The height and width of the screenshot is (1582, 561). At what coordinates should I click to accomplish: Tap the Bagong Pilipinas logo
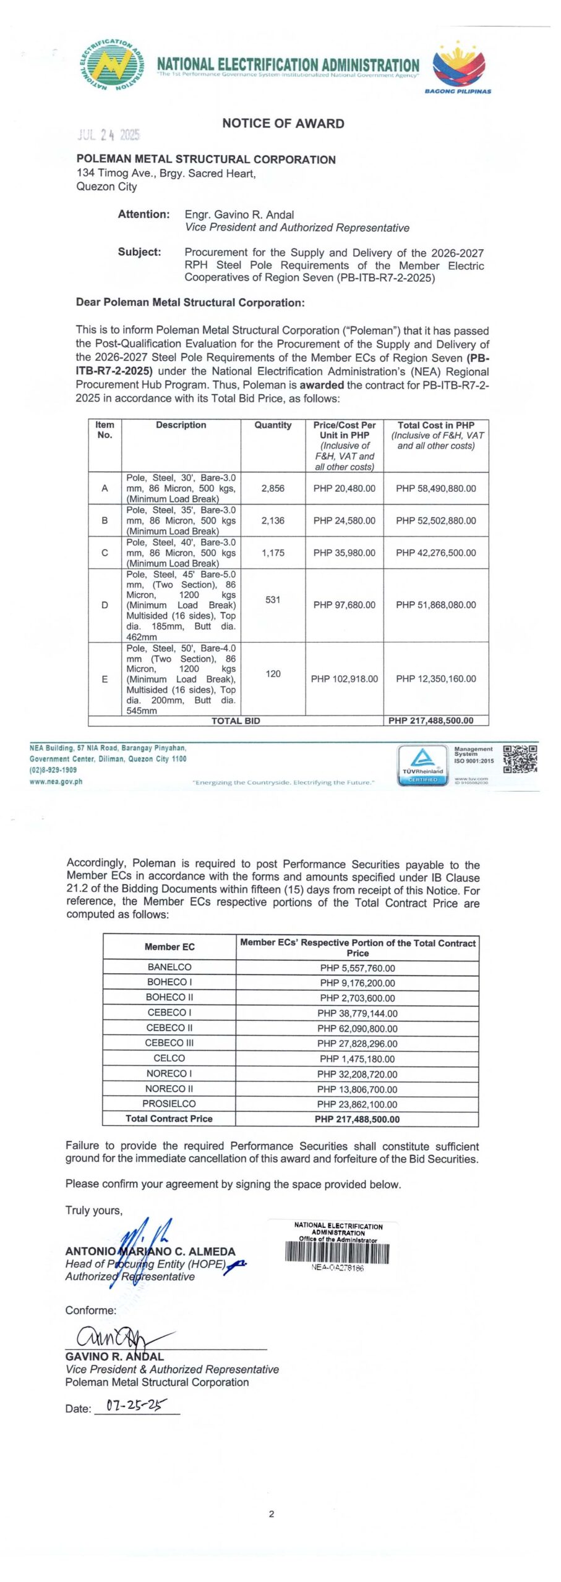pos(458,66)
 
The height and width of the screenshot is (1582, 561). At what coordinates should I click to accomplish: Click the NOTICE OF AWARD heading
pos(283,124)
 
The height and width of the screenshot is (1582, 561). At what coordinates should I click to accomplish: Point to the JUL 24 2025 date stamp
pos(109,135)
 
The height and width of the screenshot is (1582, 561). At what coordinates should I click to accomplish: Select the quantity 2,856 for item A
pos(273,488)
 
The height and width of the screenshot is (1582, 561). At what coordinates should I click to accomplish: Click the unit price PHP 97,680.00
pos(344,605)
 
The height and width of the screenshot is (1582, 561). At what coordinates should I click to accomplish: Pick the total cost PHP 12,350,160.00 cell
pos(435,679)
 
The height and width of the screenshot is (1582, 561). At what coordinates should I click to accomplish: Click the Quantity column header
pos(273,425)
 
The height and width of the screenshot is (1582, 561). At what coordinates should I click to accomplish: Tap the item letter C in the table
pos(105,553)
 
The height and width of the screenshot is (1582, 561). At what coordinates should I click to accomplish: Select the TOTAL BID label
pos(236,721)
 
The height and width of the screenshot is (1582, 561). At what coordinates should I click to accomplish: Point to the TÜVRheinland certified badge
pos(422,764)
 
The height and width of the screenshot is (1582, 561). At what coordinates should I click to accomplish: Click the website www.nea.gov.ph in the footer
pos(56,782)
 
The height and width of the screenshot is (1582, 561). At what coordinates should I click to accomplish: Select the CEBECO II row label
pos(169,1028)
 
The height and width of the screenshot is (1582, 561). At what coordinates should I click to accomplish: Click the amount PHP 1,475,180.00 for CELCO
pos(357,1059)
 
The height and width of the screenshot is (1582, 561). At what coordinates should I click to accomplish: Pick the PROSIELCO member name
pos(169,1104)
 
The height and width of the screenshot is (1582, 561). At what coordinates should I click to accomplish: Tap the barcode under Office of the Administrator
pos(337,1253)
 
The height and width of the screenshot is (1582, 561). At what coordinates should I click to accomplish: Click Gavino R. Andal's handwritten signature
pos(114,1338)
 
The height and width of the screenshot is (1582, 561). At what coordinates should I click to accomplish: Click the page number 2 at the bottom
pos(272,1514)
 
